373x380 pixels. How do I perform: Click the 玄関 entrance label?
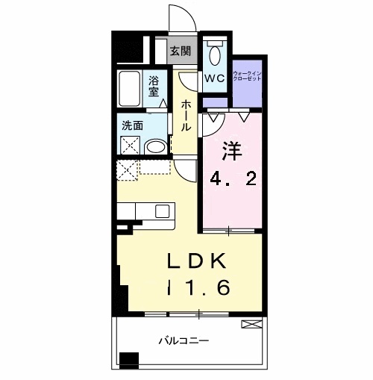coord(180,52)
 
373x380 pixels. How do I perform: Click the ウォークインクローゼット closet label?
coord(247,75)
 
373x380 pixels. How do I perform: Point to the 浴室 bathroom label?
coord(154,86)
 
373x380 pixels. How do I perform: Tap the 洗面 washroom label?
coord(134,125)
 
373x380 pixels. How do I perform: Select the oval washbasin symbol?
coord(156,147)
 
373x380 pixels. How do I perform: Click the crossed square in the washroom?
coord(131,145)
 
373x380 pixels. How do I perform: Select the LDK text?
coord(198,261)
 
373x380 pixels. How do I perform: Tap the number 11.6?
coord(198,287)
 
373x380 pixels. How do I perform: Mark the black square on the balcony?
coord(130,360)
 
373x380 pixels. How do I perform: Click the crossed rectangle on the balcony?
coord(252,324)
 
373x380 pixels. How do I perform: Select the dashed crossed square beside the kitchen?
coord(127,170)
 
